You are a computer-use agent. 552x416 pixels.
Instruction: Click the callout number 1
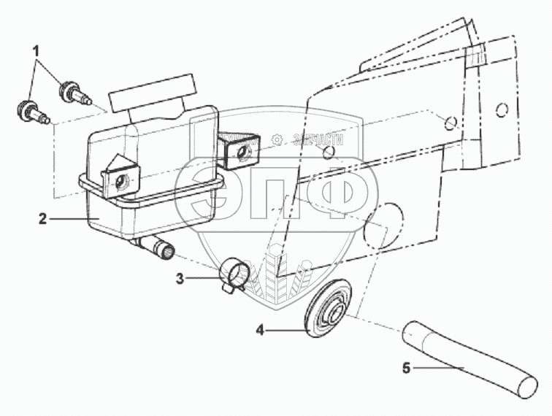tap(34, 52)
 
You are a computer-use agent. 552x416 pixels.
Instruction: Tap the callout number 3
tap(180, 277)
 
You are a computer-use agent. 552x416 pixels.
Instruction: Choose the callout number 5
tap(407, 369)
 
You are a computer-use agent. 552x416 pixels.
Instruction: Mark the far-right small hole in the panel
tap(501, 110)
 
